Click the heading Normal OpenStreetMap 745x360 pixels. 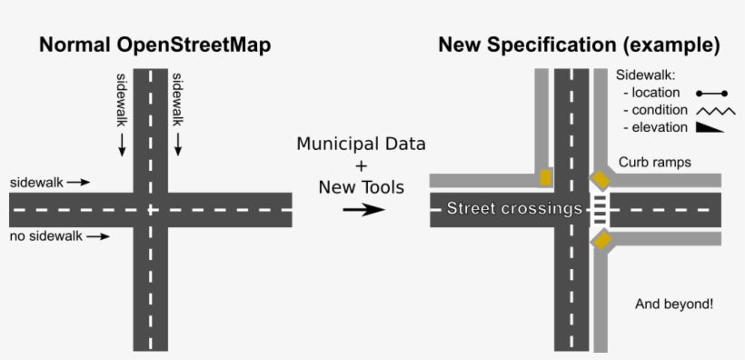point(154,45)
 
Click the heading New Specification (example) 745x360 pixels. point(579,45)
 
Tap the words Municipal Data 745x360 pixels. point(361,145)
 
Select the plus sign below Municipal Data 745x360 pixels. point(361,165)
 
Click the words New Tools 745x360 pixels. point(361,186)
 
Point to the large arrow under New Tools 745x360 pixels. point(363,210)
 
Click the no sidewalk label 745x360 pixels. point(45,236)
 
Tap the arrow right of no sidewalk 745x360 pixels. point(99,237)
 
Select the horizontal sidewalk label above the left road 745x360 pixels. point(36,182)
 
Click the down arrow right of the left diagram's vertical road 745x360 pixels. point(178,143)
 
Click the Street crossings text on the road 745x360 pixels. point(513,209)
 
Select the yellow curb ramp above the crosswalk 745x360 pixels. point(601,178)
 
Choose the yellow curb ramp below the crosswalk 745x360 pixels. point(601,240)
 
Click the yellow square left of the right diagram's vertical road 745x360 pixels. point(545,177)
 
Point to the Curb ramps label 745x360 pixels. point(655,163)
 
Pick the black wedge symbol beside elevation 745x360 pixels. point(714,128)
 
